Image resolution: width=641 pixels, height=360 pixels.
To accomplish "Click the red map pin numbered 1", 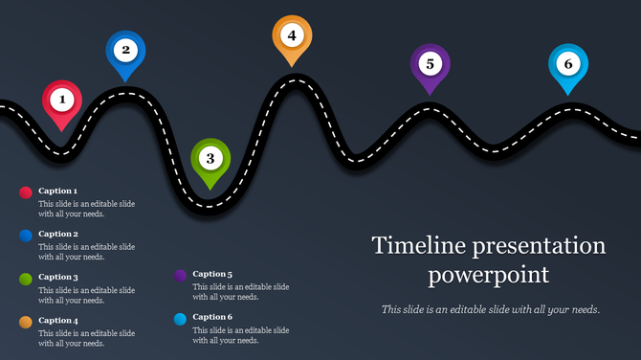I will (x=62, y=100).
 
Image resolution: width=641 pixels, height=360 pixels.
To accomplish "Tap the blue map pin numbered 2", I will (x=125, y=51).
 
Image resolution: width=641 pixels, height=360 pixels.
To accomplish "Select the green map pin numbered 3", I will (x=210, y=158).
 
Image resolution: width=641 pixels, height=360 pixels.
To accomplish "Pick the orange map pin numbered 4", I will (x=292, y=36).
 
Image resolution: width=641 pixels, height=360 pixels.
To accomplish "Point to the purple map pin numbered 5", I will (x=431, y=64).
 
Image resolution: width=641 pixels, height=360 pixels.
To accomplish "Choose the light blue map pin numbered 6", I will (x=567, y=65).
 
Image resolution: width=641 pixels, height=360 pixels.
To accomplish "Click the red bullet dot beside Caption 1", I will (x=26, y=192).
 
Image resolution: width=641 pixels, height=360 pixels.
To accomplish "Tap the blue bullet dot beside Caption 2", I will (x=26, y=235).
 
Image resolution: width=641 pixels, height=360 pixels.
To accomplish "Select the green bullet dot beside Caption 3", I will (x=26, y=278).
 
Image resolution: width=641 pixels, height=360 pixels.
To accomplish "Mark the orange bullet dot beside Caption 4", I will (x=26, y=321).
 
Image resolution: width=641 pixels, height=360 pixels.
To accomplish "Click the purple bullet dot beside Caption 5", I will (x=180, y=275).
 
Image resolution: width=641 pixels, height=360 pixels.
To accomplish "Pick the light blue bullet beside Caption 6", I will (x=180, y=318).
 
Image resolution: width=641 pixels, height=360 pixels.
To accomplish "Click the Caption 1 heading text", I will (x=57, y=191).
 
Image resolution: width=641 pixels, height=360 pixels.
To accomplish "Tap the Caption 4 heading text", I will (x=57, y=320).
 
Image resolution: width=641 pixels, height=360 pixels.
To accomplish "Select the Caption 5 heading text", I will (x=212, y=274).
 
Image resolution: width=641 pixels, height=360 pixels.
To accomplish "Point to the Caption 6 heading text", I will (x=212, y=317).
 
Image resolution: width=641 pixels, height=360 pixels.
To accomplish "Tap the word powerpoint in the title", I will (x=488, y=276).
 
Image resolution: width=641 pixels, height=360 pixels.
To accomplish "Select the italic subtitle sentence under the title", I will (x=490, y=309).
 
